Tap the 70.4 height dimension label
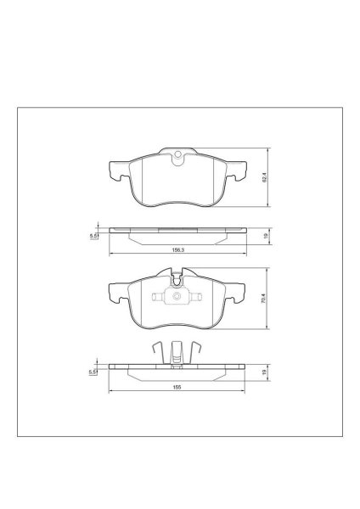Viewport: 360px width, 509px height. coord(264,299)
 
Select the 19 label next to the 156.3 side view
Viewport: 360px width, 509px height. coord(264,237)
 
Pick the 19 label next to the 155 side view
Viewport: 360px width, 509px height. coord(264,371)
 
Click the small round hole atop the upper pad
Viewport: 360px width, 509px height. coord(178,155)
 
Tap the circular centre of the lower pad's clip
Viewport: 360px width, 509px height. coord(178,298)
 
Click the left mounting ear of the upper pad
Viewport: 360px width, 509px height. coord(116,173)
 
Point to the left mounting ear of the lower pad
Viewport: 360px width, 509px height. coord(116,294)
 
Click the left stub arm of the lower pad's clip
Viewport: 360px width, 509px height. coord(155,298)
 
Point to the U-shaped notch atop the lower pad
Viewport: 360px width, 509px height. coord(178,275)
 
